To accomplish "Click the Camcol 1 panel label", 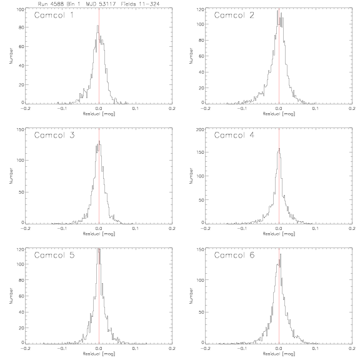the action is pyautogui.click(x=54, y=15).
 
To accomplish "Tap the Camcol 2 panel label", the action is pyautogui.click(x=234, y=15).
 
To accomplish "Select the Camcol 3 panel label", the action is pyautogui.click(x=54, y=135).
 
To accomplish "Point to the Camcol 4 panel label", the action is pyautogui.click(x=234, y=135).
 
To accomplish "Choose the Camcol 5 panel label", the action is pyautogui.click(x=54, y=255).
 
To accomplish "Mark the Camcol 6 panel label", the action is pyautogui.click(x=234, y=255).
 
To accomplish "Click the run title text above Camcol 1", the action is pyautogui.click(x=99, y=4).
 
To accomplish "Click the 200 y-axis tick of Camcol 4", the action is pyautogui.click(x=200, y=130).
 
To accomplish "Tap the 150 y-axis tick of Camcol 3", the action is pyautogui.click(x=20, y=130).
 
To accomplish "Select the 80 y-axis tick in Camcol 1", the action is pyautogui.click(x=21, y=27).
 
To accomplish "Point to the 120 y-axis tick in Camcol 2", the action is pyautogui.click(x=200, y=9).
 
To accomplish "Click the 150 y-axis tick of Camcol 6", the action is pyautogui.click(x=201, y=249).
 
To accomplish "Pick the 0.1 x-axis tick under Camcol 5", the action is pyautogui.click(x=136, y=348).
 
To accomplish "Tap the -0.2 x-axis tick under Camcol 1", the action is pyautogui.click(x=25, y=108).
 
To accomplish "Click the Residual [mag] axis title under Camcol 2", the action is pyautogui.click(x=279, y=114).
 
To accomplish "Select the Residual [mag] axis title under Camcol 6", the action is pyautogui.click(x=279, y=354).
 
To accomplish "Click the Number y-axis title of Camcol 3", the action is pyautogui.click(x=11, y=176).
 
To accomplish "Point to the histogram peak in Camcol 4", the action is pyautogui.click(x=279, y=149).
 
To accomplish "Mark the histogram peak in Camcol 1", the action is pyautogui.click(x=97, y=26).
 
